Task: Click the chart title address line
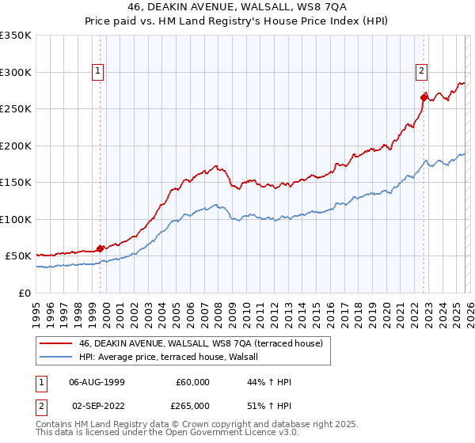pyautogui.click(x=237, y=6)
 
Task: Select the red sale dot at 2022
pyautogui.click(x=424, y=97)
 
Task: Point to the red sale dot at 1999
pyautogui.click(x=100, y=248)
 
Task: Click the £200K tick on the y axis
pyautogui.click(x=17, y=146)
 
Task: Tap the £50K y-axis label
pyautogui.click(x=19, y=256)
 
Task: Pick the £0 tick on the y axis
pyautogui.click(x=24, y=293)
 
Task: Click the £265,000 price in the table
pyautogui.click(x=192, y=405)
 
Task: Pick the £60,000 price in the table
pyautogui.click(x=192, y=382)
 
